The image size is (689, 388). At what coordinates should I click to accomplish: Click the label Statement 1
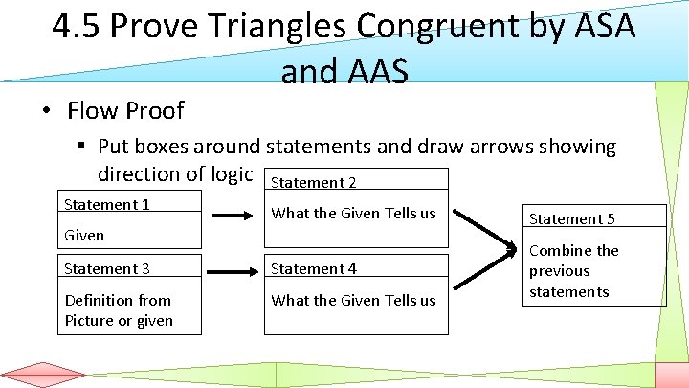pos(106,204)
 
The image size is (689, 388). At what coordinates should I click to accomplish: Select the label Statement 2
pos(314,182)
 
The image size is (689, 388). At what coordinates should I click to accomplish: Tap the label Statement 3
pos(106,269)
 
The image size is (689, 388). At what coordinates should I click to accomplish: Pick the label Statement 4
pos(314,269)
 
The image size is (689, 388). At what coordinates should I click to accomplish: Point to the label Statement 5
pos(572,218)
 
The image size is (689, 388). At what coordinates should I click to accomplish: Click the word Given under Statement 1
pos(84,235)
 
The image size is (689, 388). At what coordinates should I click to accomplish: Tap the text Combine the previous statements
pos(573,271)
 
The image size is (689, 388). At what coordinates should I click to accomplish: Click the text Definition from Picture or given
pos(119,310)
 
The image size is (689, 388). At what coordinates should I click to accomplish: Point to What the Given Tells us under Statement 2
pos(353,214)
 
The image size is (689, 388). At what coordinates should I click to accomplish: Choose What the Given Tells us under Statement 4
pos(353,300)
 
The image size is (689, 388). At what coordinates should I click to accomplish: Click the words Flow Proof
pos(125,110)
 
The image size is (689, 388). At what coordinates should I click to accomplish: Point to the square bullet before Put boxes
pos(82,147)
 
